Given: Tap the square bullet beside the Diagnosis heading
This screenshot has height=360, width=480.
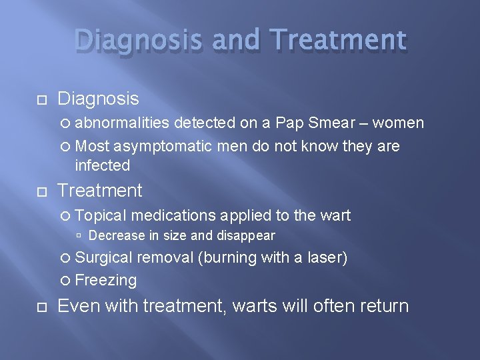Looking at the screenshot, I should (41, 99).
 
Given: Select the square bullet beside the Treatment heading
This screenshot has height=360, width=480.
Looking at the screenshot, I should (41, 191).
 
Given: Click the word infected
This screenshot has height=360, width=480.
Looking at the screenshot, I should (102, 165).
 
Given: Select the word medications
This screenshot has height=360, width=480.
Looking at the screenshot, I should (174, 215).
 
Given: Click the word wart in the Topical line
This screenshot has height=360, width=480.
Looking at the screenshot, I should (335, 215).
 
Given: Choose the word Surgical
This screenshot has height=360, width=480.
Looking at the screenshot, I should (104, 257).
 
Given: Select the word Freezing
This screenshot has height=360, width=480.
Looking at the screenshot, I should (106, 280).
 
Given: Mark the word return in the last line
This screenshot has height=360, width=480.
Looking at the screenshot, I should (384, 307).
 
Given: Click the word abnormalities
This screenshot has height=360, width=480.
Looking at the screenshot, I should (124, 123).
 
